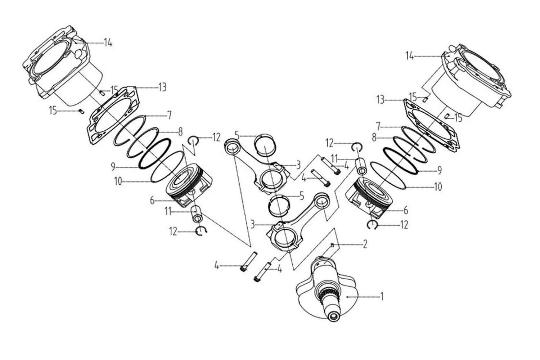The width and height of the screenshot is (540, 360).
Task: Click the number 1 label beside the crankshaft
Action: point(382,296)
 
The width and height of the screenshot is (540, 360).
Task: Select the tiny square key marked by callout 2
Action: point(332,245)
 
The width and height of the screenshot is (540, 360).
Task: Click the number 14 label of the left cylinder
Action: point(108,43)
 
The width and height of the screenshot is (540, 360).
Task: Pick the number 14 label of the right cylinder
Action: point(410,56)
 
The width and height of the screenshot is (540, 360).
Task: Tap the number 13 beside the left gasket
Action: point(162,87)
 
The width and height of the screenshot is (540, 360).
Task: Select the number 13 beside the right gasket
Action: point(381,100)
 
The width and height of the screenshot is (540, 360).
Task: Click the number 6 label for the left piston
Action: point(152,201)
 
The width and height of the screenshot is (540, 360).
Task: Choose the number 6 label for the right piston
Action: point(406,211)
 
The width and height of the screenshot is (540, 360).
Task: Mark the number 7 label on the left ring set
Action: point(170,115)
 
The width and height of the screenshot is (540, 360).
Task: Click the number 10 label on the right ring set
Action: point(438,186)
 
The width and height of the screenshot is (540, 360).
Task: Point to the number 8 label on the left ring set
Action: point(180,132)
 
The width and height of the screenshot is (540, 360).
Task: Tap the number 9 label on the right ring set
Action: point(440,170)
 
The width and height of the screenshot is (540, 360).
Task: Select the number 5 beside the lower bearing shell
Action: point(302,196)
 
